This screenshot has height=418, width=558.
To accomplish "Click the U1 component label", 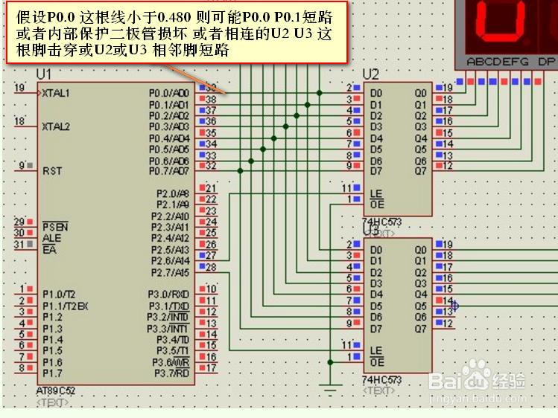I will (x=44, y=74).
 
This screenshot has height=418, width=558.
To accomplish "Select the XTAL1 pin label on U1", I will (x=56, y=93).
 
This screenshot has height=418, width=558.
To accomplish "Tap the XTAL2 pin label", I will (x=56, y=126).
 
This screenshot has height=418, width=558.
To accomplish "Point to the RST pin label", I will (x=52, y=170).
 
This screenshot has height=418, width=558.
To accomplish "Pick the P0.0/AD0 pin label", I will (x=169, y=93).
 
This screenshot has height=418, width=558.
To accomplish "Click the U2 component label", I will (x=370, y=74).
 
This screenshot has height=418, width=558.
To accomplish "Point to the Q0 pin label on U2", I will (x=421, y=93).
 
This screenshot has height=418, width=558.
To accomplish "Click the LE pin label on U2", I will (x=376, y=193).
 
